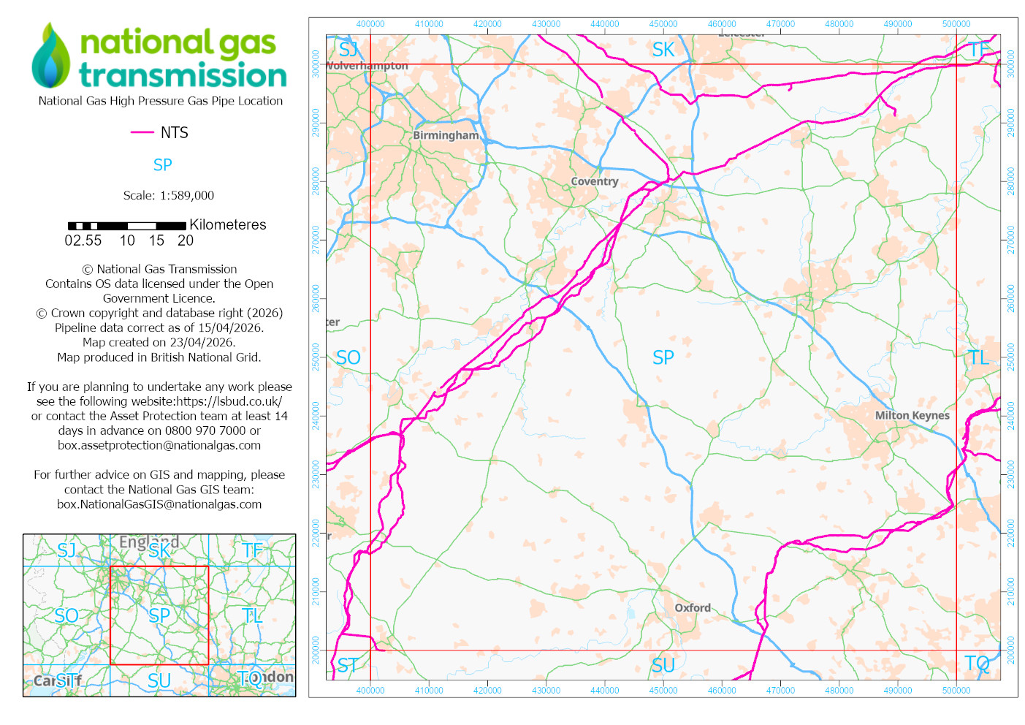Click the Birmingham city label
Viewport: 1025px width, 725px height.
point(446,135)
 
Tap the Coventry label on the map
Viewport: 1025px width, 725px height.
point(594,181)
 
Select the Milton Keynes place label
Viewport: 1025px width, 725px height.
point(912,415)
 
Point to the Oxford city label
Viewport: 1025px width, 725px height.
point(692,607)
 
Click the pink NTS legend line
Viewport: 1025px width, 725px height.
point(142,132)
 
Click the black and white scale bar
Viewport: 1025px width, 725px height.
point(126,226)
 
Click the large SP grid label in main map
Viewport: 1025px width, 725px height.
point(663,357)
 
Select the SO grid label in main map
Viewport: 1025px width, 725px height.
point(348,357)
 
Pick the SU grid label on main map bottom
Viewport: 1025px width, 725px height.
point(663,665)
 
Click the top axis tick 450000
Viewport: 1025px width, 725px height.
point(663,24)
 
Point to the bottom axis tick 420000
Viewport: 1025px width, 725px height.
point(487,690)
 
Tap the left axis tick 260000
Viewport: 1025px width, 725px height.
point(316,298)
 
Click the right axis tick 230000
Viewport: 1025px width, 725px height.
point(1011,474)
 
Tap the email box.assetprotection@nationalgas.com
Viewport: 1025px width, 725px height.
point(159,445)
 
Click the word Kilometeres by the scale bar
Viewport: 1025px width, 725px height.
point(227,224)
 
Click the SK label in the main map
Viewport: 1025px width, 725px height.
point(663,50)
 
